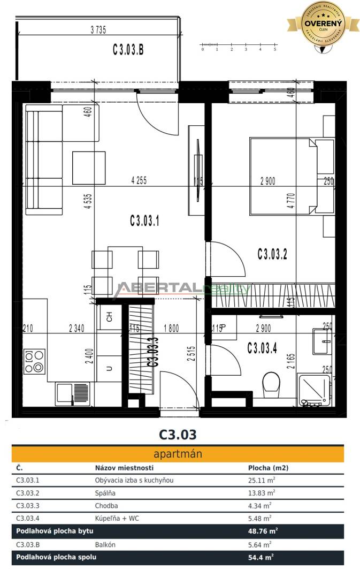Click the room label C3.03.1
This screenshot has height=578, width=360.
[x=144, y=220]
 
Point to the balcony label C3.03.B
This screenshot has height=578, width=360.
[x=128, y=50]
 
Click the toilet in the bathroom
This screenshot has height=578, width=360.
[x=272, y=384]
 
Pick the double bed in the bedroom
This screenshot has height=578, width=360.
[x=282, y=176]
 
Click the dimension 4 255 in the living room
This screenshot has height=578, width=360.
[x=139, y=181]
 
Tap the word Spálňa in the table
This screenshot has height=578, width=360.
[x=105, y=493]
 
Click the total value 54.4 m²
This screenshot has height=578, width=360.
[x=262, y=557]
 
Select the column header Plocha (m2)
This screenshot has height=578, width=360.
[x=268, y=467]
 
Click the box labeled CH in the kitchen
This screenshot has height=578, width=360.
[x=110, y=317]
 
